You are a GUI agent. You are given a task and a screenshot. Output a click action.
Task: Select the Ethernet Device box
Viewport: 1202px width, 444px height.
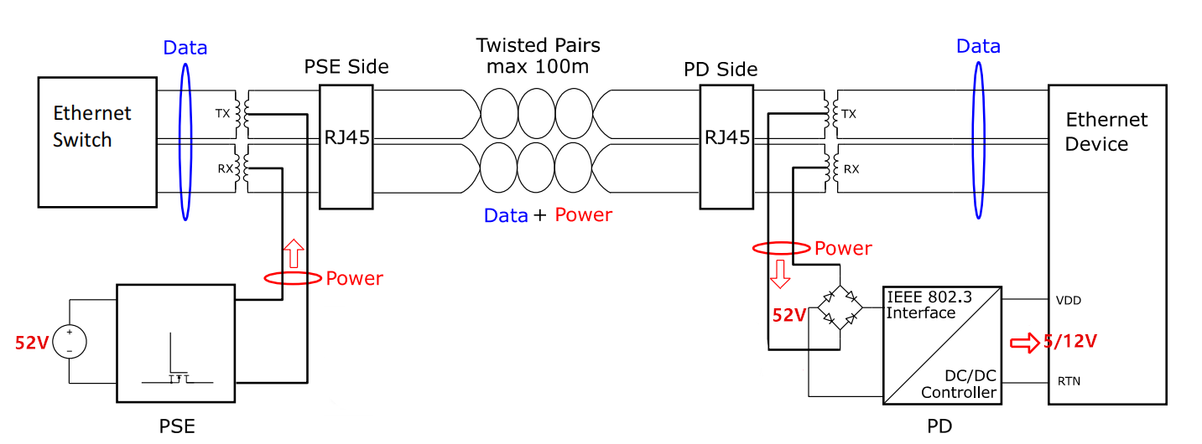click(1107, 243)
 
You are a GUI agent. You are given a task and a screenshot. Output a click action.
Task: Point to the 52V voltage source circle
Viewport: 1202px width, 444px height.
click(70, 342)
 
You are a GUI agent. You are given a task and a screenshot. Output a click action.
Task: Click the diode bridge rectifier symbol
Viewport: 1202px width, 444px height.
click(840, 307)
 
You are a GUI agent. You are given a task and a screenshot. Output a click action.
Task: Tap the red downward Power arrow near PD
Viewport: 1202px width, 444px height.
click(779, 274)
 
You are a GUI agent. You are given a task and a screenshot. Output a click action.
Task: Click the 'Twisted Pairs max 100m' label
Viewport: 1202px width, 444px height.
click(538, 54)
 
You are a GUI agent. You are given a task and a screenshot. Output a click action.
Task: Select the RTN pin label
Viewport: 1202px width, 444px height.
click(1069, 381)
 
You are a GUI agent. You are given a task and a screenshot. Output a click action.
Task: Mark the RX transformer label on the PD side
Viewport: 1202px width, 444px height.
click(850, 168)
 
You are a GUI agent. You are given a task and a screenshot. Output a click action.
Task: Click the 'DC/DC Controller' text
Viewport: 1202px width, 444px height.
click(959, 384)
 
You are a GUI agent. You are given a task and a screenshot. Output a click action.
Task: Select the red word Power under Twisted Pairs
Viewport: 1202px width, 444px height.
click(583, 215)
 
